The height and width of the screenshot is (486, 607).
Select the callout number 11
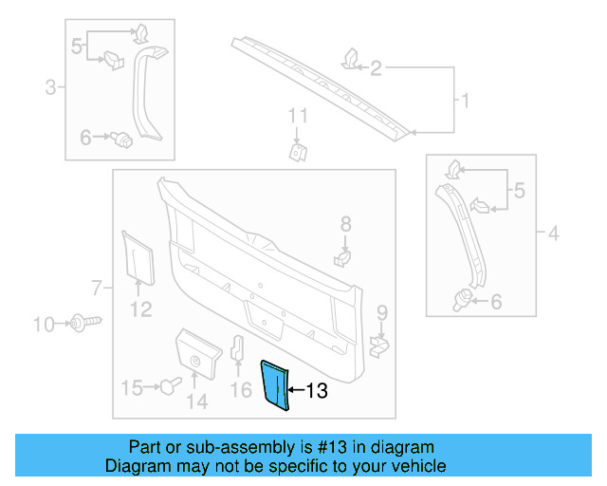299,118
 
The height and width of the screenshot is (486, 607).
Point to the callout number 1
464,100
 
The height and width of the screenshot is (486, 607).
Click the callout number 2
376,67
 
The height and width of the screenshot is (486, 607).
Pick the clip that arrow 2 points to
349,59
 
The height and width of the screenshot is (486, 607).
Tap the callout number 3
50,88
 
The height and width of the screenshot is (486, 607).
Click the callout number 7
97,286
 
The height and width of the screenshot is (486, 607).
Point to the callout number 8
345,224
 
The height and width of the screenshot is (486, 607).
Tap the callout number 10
45,325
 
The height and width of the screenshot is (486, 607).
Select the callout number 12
140,308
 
